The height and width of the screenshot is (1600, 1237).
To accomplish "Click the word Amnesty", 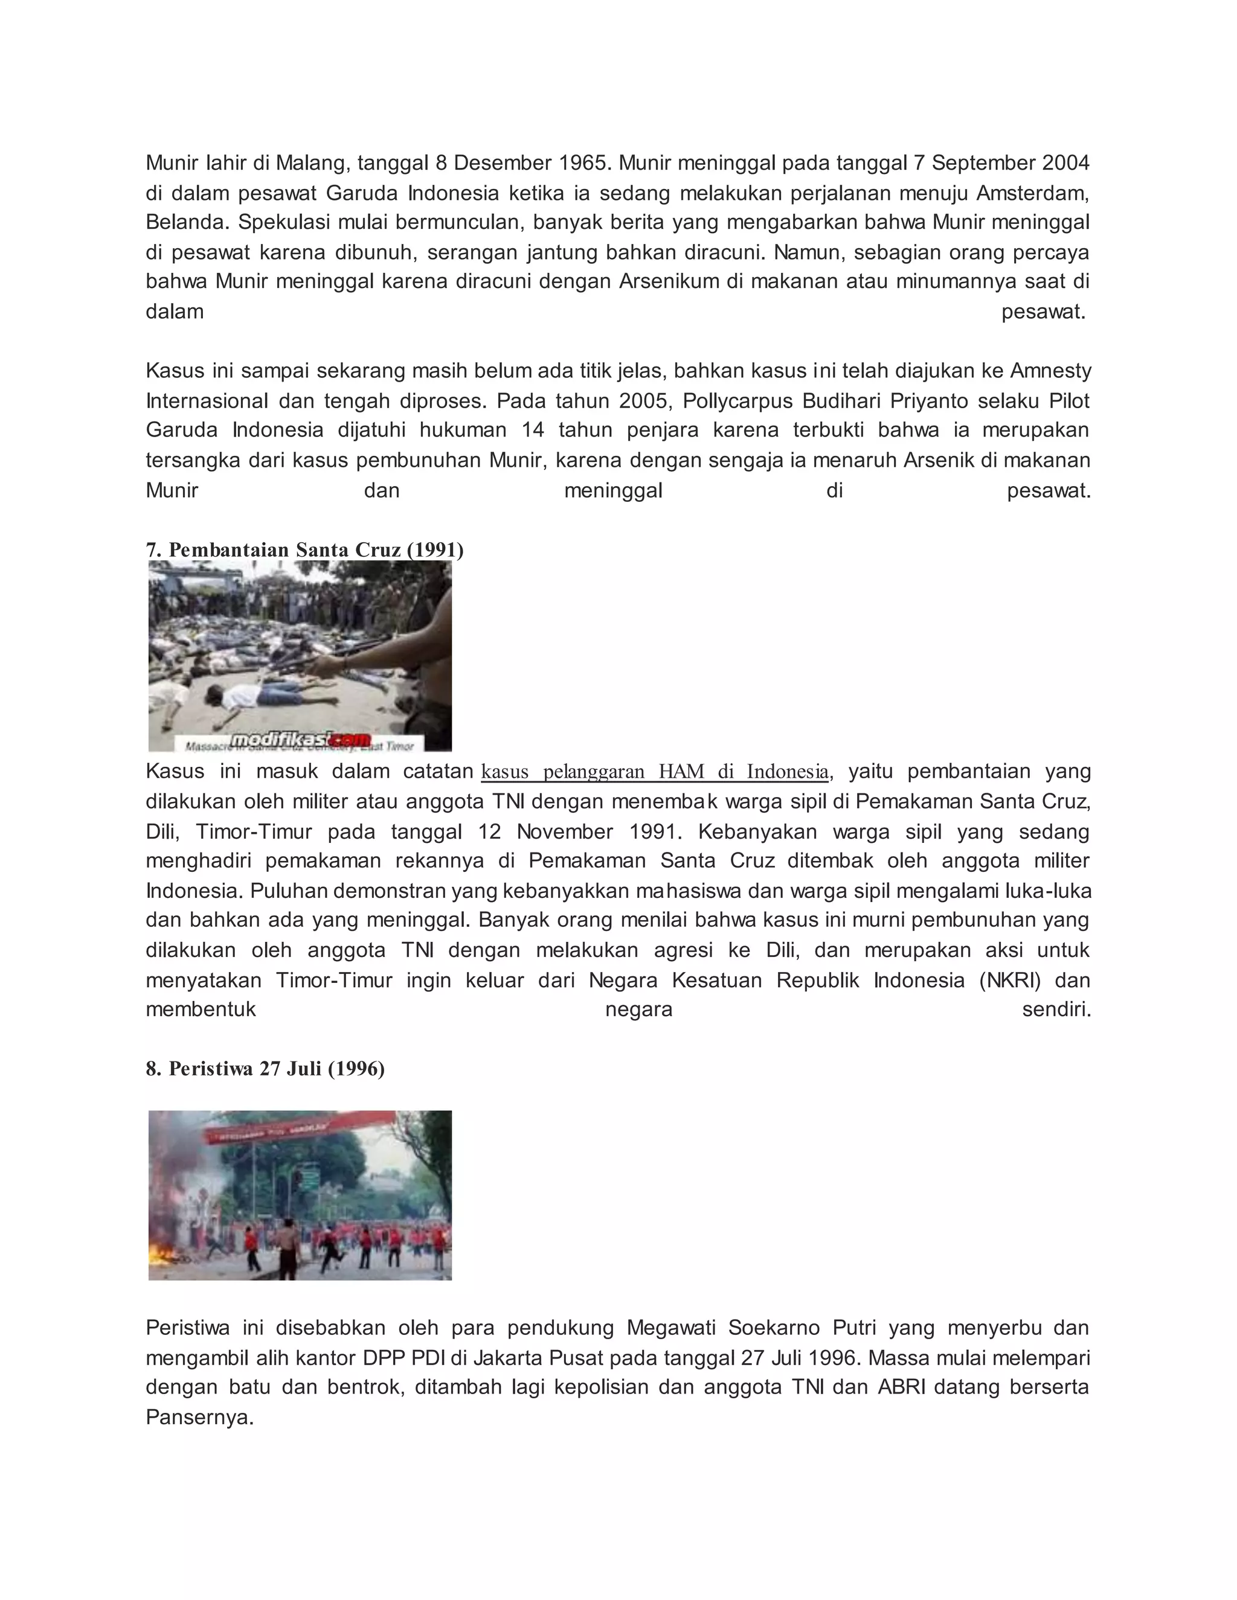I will [x=1050, y=371].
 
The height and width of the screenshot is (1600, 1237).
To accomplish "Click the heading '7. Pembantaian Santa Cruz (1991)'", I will [x=304, y=549].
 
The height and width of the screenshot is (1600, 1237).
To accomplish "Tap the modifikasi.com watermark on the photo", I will [x=300, y=740].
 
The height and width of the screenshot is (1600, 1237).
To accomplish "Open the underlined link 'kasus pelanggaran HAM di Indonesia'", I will [x=654, y=772].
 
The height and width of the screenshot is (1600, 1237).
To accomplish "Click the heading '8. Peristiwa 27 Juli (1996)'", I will [x=265, y=1069].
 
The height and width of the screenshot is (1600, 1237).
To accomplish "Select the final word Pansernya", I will [x=199, y=1418].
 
